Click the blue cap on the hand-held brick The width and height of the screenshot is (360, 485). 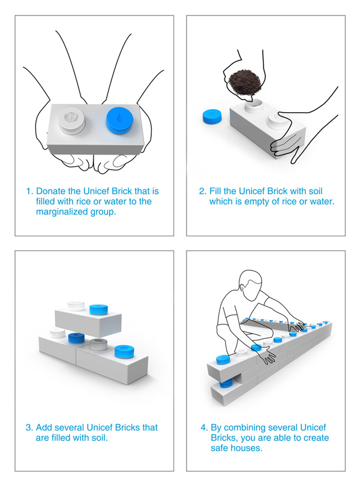(119, 121)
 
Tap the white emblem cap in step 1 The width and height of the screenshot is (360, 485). (71, 121)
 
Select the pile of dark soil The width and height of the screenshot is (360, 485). (244, 83)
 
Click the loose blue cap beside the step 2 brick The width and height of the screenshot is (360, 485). (212, 117)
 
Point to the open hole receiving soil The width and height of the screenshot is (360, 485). (253, 106)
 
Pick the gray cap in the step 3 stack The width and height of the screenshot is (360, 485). (98, 344)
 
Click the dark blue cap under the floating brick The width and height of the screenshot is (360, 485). (76, 338)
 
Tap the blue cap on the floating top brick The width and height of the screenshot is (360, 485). (99, 309)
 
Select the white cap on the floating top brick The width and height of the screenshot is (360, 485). (76, 305)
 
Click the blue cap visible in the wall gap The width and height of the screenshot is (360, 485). (226, 384)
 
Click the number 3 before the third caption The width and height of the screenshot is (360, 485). (28, 427)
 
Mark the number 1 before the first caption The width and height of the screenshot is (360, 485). (29, 191)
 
